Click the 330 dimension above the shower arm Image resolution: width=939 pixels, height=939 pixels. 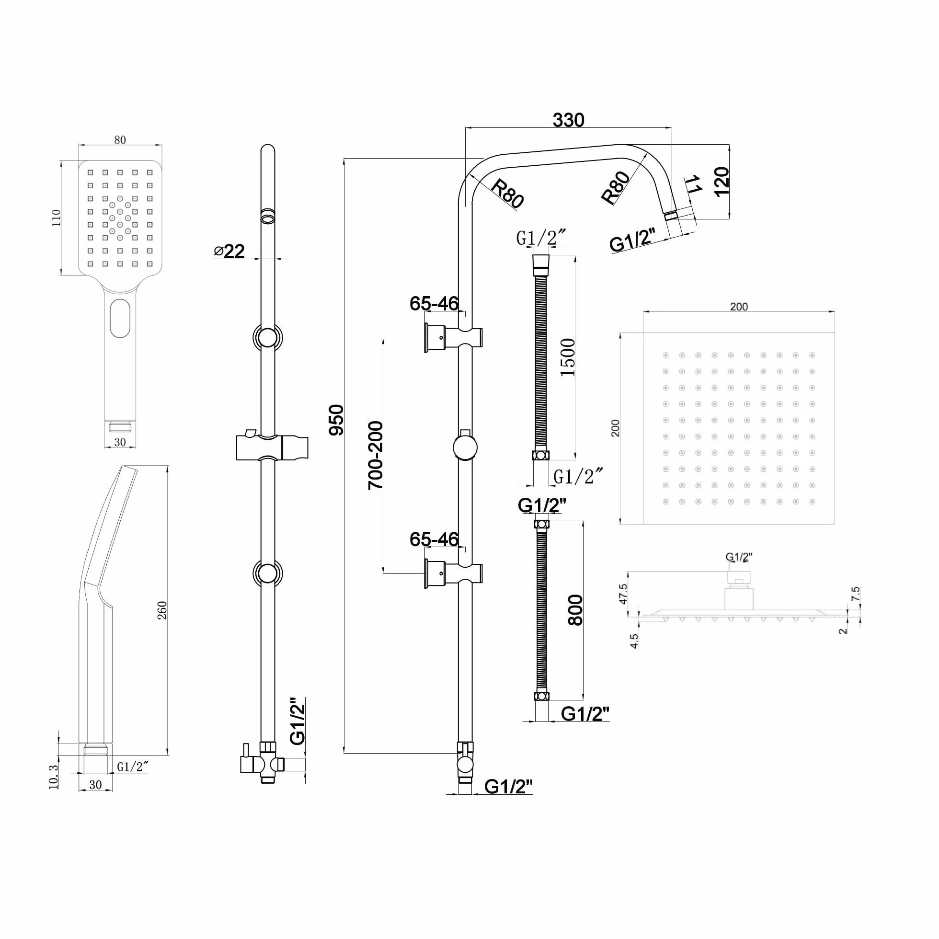[568, 120]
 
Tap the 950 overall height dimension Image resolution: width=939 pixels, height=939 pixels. [336, 420]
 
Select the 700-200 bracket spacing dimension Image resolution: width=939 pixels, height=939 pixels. [376, 455]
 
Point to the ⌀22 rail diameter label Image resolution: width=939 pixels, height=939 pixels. [229, 251]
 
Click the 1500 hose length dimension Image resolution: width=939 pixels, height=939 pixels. [568, 357]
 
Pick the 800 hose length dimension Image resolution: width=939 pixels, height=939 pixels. [575, 610]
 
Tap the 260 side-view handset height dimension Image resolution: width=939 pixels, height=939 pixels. [162, 610]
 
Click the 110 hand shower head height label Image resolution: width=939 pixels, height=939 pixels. [56, 218]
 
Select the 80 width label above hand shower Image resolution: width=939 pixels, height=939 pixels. [120, 140]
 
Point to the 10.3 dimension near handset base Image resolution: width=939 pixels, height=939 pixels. [54, 777]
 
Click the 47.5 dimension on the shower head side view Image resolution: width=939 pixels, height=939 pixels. [624, 594]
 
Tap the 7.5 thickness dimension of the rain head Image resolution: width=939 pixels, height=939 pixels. [856, 594]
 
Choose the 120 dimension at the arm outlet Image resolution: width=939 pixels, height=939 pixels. [722, 181]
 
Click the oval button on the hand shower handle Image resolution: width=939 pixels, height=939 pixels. [120, 318]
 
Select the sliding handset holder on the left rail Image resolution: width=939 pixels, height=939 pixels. [272, 447]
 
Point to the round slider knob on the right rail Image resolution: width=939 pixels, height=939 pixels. [465, 447]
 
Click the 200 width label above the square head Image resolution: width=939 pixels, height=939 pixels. [739, 307]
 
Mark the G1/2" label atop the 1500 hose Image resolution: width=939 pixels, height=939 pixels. [541, 238]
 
